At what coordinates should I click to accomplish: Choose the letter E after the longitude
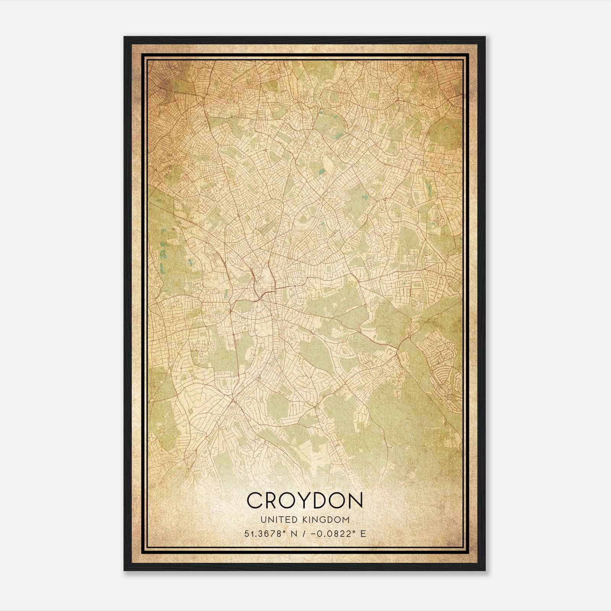coord(363,533)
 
